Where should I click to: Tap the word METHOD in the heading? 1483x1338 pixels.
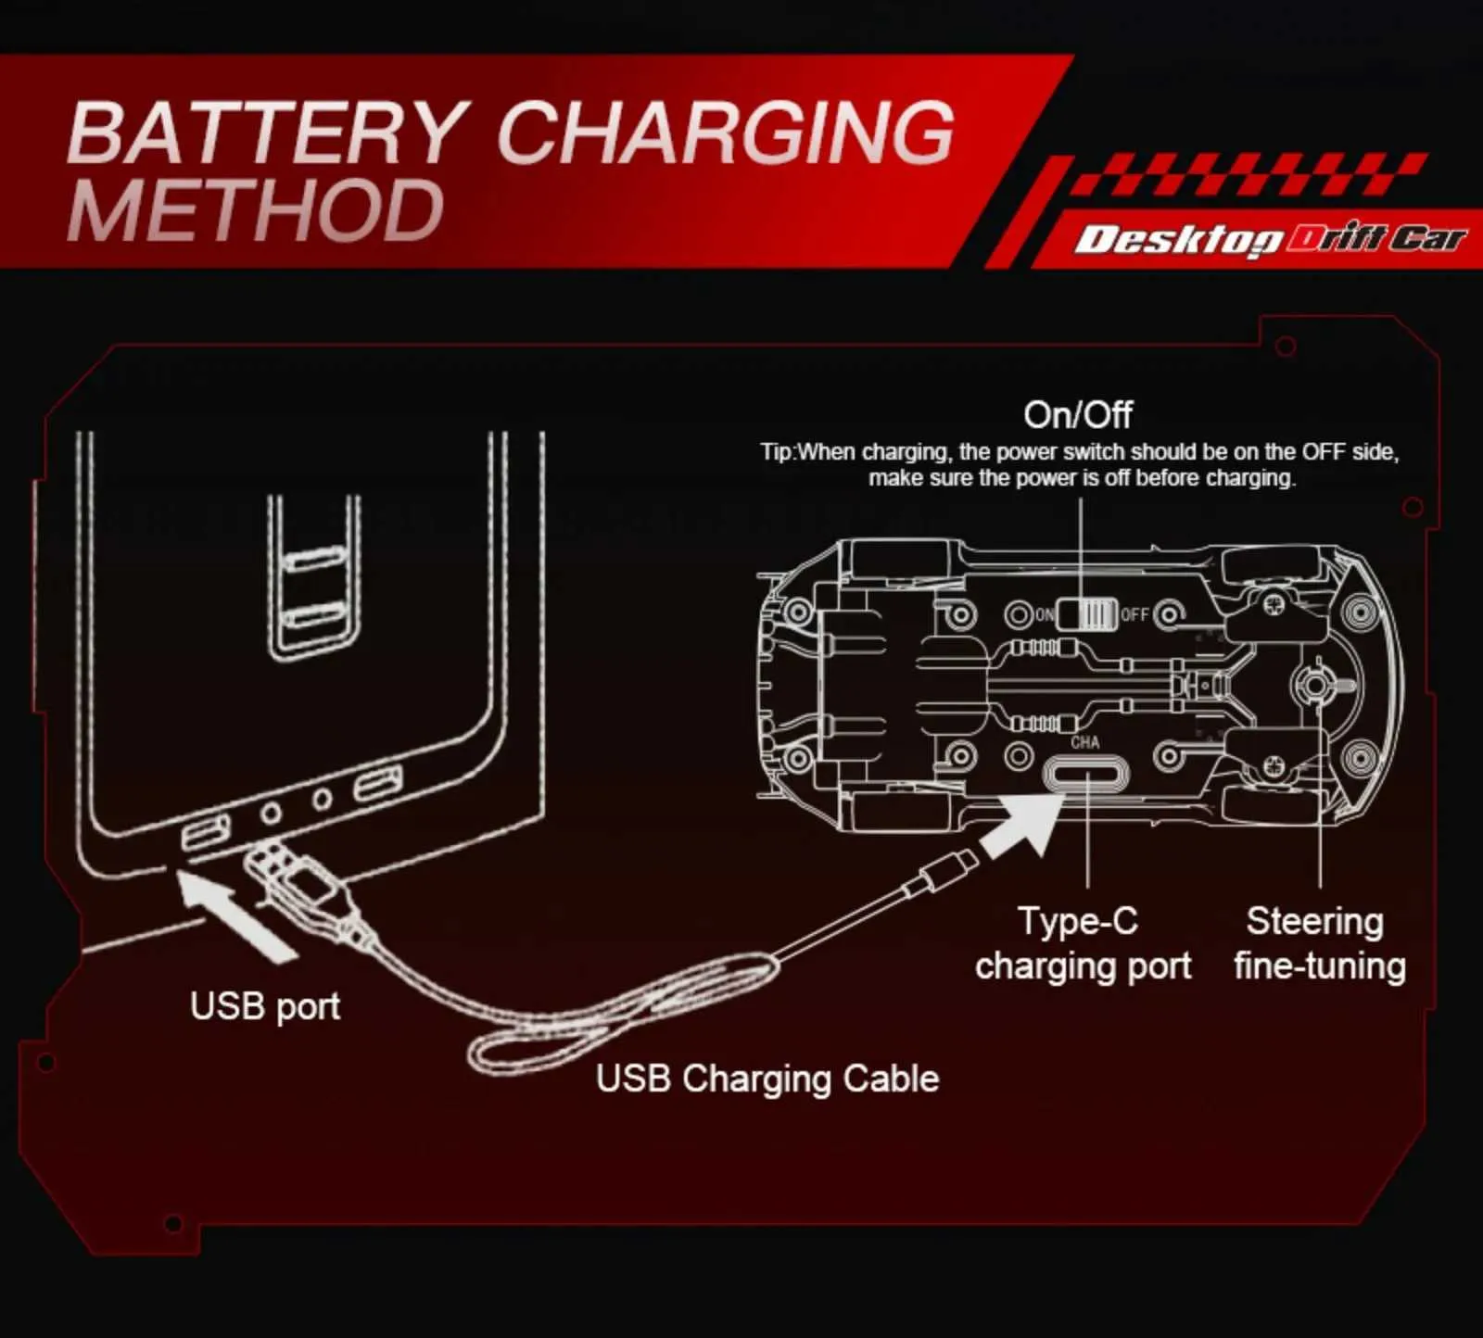[x=256, y=211]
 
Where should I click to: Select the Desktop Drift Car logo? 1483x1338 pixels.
[x=1271, y=240]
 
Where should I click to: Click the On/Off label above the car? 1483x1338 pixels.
[x=1077, y=414]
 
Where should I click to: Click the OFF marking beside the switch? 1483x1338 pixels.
[x=1134, y=614]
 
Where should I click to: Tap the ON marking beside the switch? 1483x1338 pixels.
[x=1045, y=614]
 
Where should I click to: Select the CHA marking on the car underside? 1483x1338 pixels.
[x=1085, y=742]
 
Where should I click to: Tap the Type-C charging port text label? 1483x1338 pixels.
[x=1083, y=943]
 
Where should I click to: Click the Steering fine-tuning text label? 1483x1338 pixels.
[x=1319, y=943]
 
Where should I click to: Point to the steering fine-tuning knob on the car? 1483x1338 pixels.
[x=1314, y=684]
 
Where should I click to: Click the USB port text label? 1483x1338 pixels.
[x=265, y=1006]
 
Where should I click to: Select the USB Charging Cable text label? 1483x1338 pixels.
[x=767, y=1079]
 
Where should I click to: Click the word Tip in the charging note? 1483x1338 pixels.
[x=777, y=452]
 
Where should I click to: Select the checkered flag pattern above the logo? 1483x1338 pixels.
[x=1251, y=175]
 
